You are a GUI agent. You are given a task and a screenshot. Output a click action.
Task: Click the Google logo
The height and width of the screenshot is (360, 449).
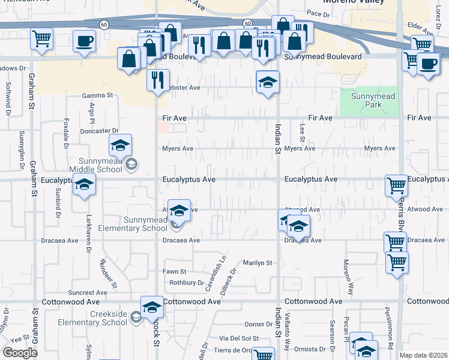[x=20, y=353]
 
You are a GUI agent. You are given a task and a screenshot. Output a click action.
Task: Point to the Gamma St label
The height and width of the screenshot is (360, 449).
[x=97, y=95]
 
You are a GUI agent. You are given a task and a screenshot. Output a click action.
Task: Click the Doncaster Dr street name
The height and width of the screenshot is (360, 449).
[x=100, y=130]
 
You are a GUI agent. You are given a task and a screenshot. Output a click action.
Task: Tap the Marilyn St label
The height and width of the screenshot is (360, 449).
[x=258, y=263]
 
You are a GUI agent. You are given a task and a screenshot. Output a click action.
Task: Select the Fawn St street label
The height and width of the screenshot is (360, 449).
[x=175, y=272]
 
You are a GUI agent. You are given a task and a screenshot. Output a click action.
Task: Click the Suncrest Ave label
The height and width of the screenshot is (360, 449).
[x=88, y=293]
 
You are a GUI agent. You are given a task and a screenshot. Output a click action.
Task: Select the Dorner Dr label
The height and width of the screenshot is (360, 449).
[x=258, y=325]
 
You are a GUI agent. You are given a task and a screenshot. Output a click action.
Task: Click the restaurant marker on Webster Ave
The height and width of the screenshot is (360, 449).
[x=158, y=80]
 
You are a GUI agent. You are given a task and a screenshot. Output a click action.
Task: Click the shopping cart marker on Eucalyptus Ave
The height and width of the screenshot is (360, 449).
[x=396, y=186]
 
